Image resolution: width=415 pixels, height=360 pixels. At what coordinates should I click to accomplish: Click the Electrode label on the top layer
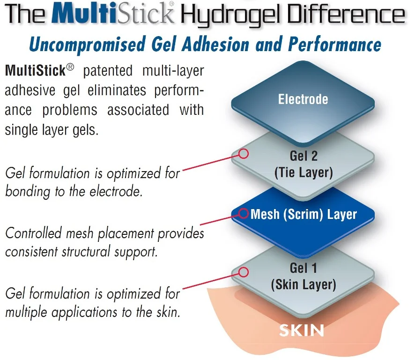303,99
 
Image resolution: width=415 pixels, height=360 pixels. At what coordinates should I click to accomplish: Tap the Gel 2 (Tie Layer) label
303,164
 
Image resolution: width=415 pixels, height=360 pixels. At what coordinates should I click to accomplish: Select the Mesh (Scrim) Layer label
304,215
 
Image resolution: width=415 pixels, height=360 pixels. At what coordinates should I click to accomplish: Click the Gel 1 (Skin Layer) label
304,276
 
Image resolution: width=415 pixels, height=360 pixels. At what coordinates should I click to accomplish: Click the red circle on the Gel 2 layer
243,153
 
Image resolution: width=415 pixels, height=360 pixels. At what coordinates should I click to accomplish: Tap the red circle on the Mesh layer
243,213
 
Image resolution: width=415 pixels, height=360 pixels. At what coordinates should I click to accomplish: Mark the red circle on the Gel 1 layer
243,272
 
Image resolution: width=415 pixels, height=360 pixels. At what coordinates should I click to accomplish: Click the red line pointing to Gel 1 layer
211,280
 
